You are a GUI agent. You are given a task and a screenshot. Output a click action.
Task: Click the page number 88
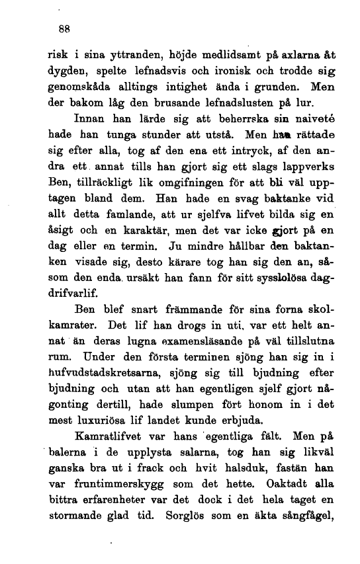click(64, 29)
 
